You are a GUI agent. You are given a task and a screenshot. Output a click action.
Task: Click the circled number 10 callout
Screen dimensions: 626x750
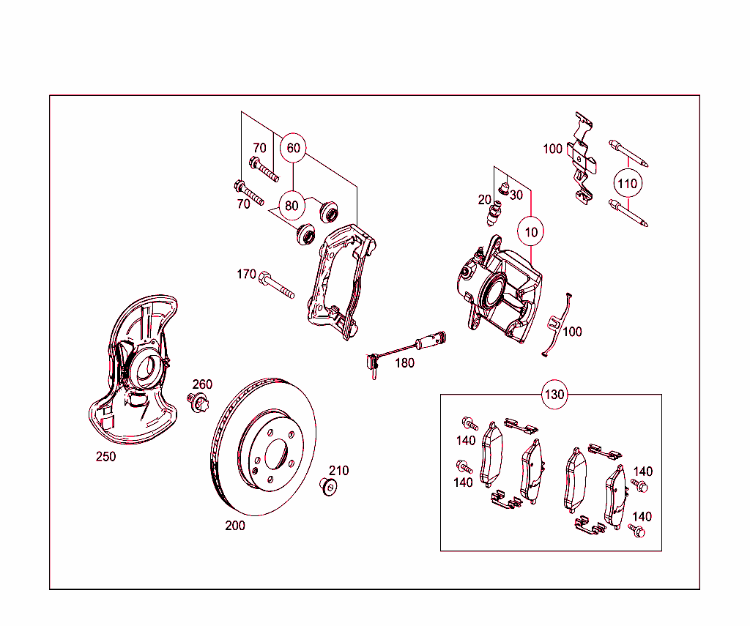(531, 232)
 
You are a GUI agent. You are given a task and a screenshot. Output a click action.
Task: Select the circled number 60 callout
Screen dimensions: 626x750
(293, 148)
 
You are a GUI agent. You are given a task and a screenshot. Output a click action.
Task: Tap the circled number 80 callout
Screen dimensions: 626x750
(292, 206)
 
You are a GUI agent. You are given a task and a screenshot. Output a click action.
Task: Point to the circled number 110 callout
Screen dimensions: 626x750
(627, 183)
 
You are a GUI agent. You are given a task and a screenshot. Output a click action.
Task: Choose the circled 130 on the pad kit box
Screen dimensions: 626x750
(554, 395)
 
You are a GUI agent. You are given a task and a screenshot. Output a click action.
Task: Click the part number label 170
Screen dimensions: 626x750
(246, 275)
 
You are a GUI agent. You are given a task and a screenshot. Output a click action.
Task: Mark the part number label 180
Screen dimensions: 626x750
(404, 362)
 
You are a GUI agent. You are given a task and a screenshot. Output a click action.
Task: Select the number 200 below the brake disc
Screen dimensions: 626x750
(235, 526)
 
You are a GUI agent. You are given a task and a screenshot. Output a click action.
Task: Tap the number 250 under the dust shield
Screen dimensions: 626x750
(105, 457)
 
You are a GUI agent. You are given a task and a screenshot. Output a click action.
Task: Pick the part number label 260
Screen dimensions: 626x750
(202, 384)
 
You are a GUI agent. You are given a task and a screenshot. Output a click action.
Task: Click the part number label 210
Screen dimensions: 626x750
(338, 471)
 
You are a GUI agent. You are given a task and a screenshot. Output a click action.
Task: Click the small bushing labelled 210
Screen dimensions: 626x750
(328, 486)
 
